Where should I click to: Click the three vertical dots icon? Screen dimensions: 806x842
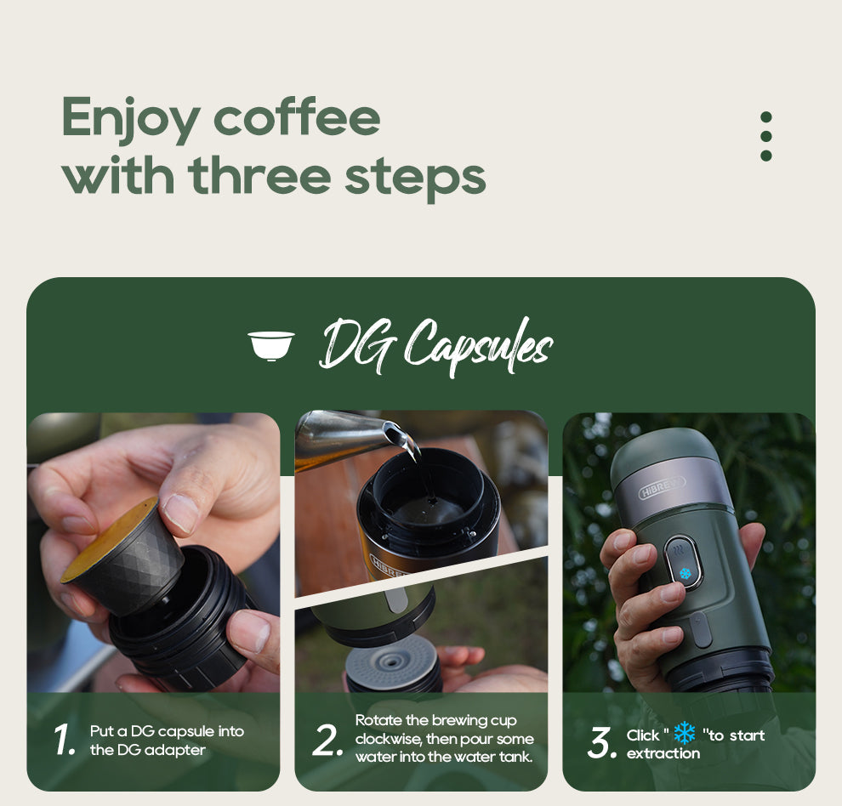tap(765, 136)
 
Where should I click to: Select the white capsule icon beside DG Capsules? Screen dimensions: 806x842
tap(270, 345)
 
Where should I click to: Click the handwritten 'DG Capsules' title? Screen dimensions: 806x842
tap(435, 345)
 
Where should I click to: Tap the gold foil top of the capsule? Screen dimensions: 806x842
tap(109, 537)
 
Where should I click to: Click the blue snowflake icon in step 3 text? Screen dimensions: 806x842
tap(684, 734)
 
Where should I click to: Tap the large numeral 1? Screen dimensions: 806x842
tap(65, 741)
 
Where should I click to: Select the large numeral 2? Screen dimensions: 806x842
tap(327, 741)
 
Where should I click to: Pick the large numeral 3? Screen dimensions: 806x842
tap(600, 744)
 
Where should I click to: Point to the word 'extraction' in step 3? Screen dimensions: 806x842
tap(663, 753)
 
